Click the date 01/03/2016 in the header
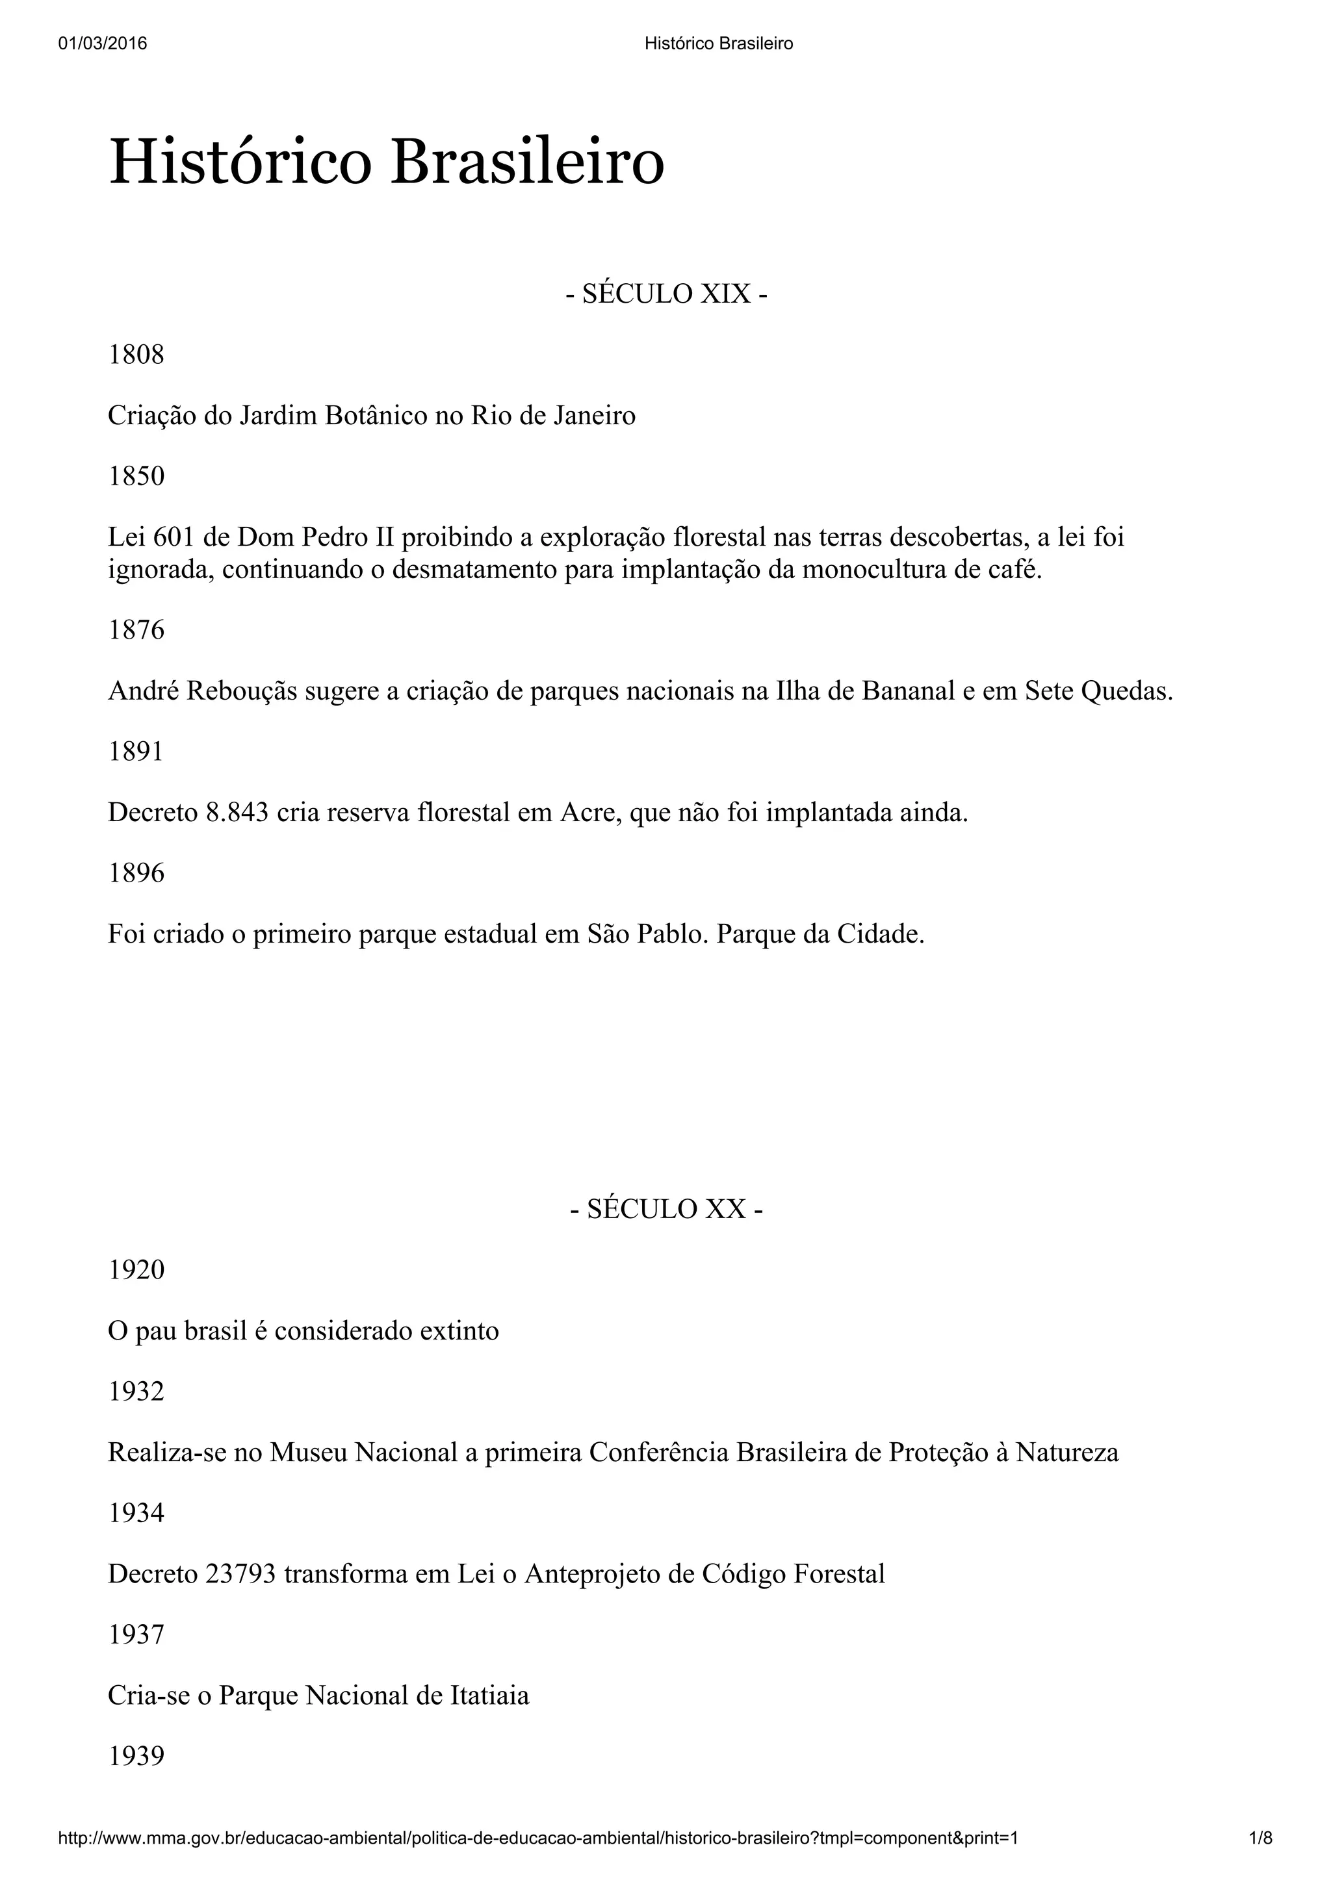pos(103,44)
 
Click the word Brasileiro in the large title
pos(526,162)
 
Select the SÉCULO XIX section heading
pos(666,294)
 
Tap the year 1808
pos(136,355)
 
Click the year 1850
pos(136,476)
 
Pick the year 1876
pos(136,630)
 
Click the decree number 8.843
pos(237,813)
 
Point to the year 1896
pos(136,873)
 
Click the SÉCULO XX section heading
pos(666,1209)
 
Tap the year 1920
pos(136,1269)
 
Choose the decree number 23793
pos(239,1575)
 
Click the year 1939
pos(136,1756)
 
